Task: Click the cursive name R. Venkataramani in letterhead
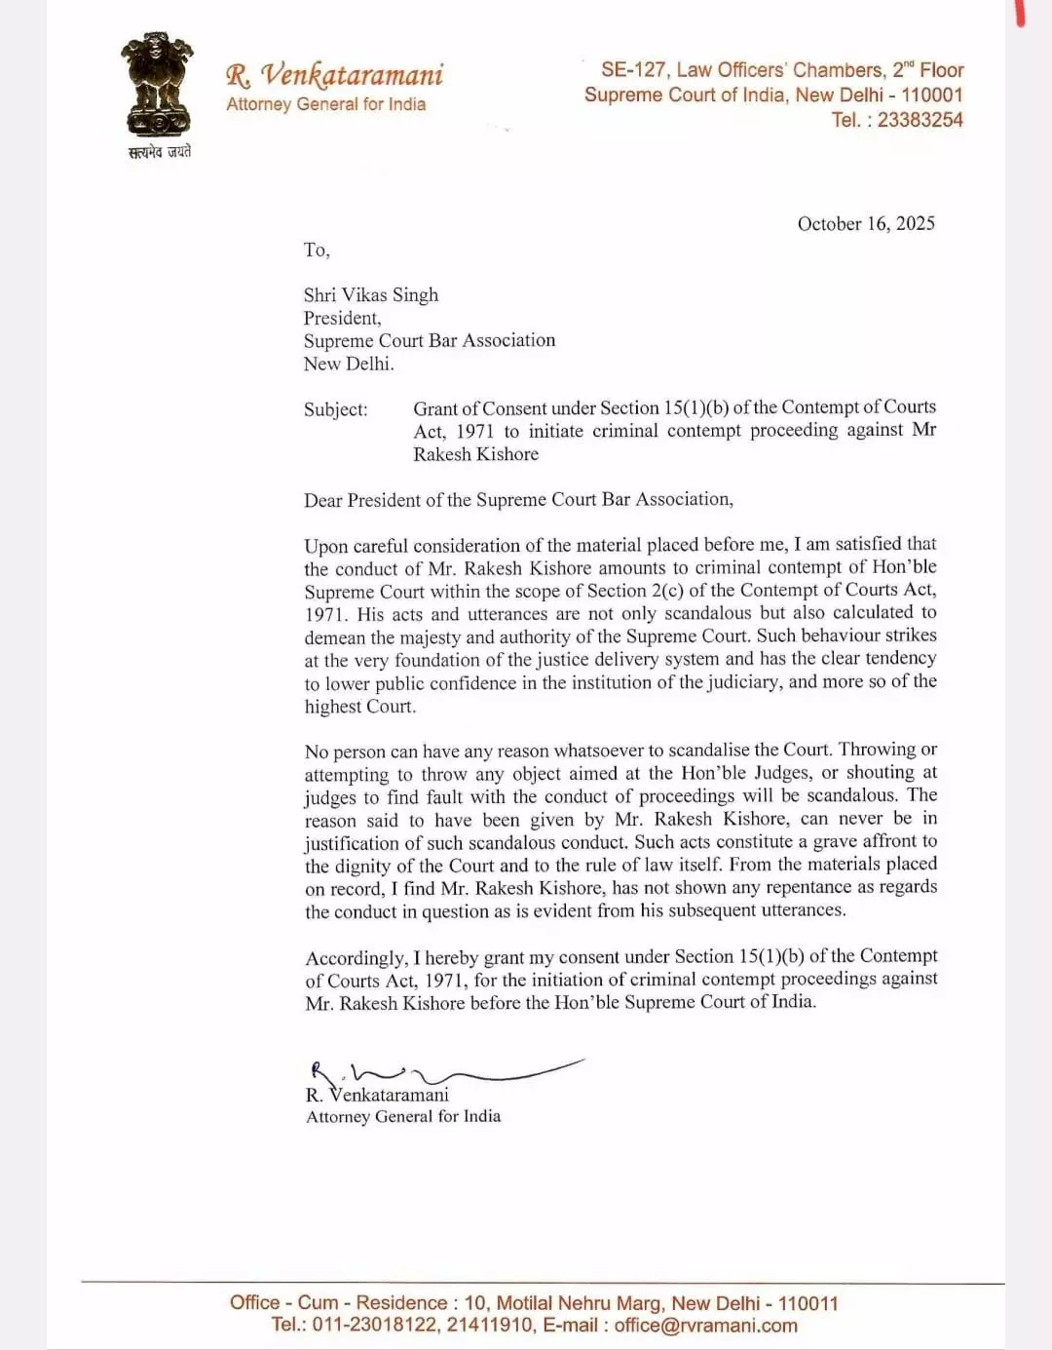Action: tap(334, 74)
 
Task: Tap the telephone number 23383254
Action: tap(920, 120)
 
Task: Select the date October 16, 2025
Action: tap(866, 223)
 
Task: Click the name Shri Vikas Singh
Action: tap(370, 294)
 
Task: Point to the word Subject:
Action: tap(336, 409)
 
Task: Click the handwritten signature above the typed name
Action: tap(438, 1073)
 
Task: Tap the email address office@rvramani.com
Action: tap(705, 1326)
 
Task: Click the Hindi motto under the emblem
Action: tap(160, 151)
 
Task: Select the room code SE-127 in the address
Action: tap(633, 70)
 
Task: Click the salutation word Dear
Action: tap(322, 500)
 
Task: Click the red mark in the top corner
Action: tap(1020, 13)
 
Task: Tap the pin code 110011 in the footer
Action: tap(808, 1303)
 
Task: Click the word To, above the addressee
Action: tap(317, 250)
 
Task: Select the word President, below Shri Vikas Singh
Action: tap(342, 318)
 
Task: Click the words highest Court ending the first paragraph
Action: tap(359, 706)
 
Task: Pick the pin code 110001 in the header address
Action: tap(931, 95)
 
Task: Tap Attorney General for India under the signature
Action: tap(403, 1116)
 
